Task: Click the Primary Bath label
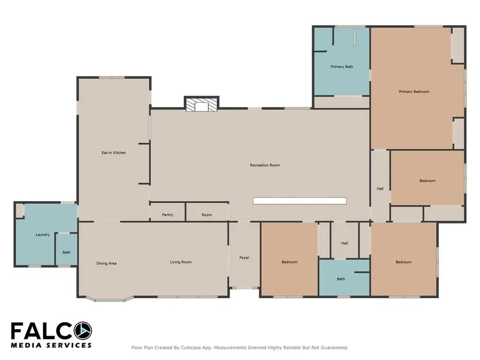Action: (x=341, y=67)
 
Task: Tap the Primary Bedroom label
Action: (x=414, y=92)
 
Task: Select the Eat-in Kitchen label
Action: (x=114, y=153)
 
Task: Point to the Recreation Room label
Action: (x=265, y=165)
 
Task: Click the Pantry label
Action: (x=167, y=215)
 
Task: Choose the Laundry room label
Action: (x=43, y=235)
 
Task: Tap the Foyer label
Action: (x=244, y=258)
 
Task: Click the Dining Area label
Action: (x=106, y=263)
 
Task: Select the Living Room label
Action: (x=180, y=262)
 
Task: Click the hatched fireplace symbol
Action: (x=202, y=105)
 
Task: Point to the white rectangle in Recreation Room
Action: (x=299, y=201)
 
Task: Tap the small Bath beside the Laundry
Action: (x=66, y=252)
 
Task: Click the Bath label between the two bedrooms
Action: (x=341, y=279)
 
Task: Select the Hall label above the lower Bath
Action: (x=345, y=243)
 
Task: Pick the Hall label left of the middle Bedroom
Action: (x=380, y=188)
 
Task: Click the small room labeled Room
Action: (x=207, y=215)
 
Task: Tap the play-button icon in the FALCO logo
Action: (x=83, y=331)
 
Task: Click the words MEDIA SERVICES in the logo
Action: (x=51, y=345)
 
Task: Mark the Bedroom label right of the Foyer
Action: (x=289, y=262)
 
